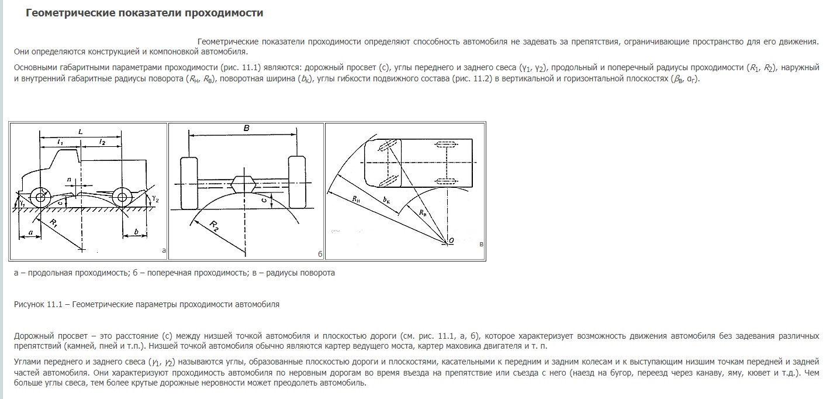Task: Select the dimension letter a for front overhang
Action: click(x=29, y=233)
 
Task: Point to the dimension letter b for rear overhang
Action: click(x=136, y=232)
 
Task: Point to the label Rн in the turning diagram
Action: click(x=357, y=199)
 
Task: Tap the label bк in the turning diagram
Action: click(x=386, y=199)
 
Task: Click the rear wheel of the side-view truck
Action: click(x=121, y=196)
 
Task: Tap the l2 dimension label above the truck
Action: click(x=102, y=142)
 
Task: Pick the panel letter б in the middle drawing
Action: click(x=320, y=253)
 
